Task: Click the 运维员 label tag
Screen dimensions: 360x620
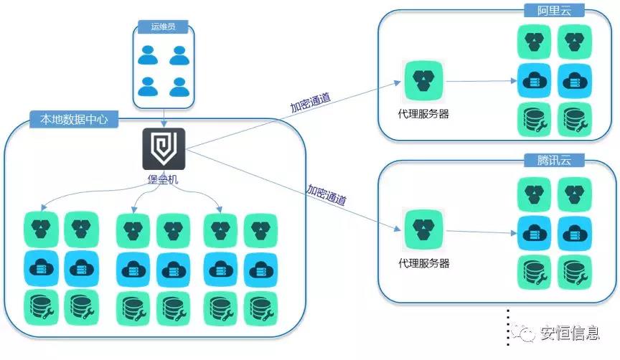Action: (164, 27)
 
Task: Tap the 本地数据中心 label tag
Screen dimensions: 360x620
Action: (69, 119)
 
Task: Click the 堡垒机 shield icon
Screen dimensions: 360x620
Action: (164, 149)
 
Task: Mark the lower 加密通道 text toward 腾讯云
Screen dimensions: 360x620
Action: (327, 194)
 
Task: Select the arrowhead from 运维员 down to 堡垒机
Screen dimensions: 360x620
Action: (164, 123)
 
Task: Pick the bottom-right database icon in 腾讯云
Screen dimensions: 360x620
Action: (575, 272)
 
